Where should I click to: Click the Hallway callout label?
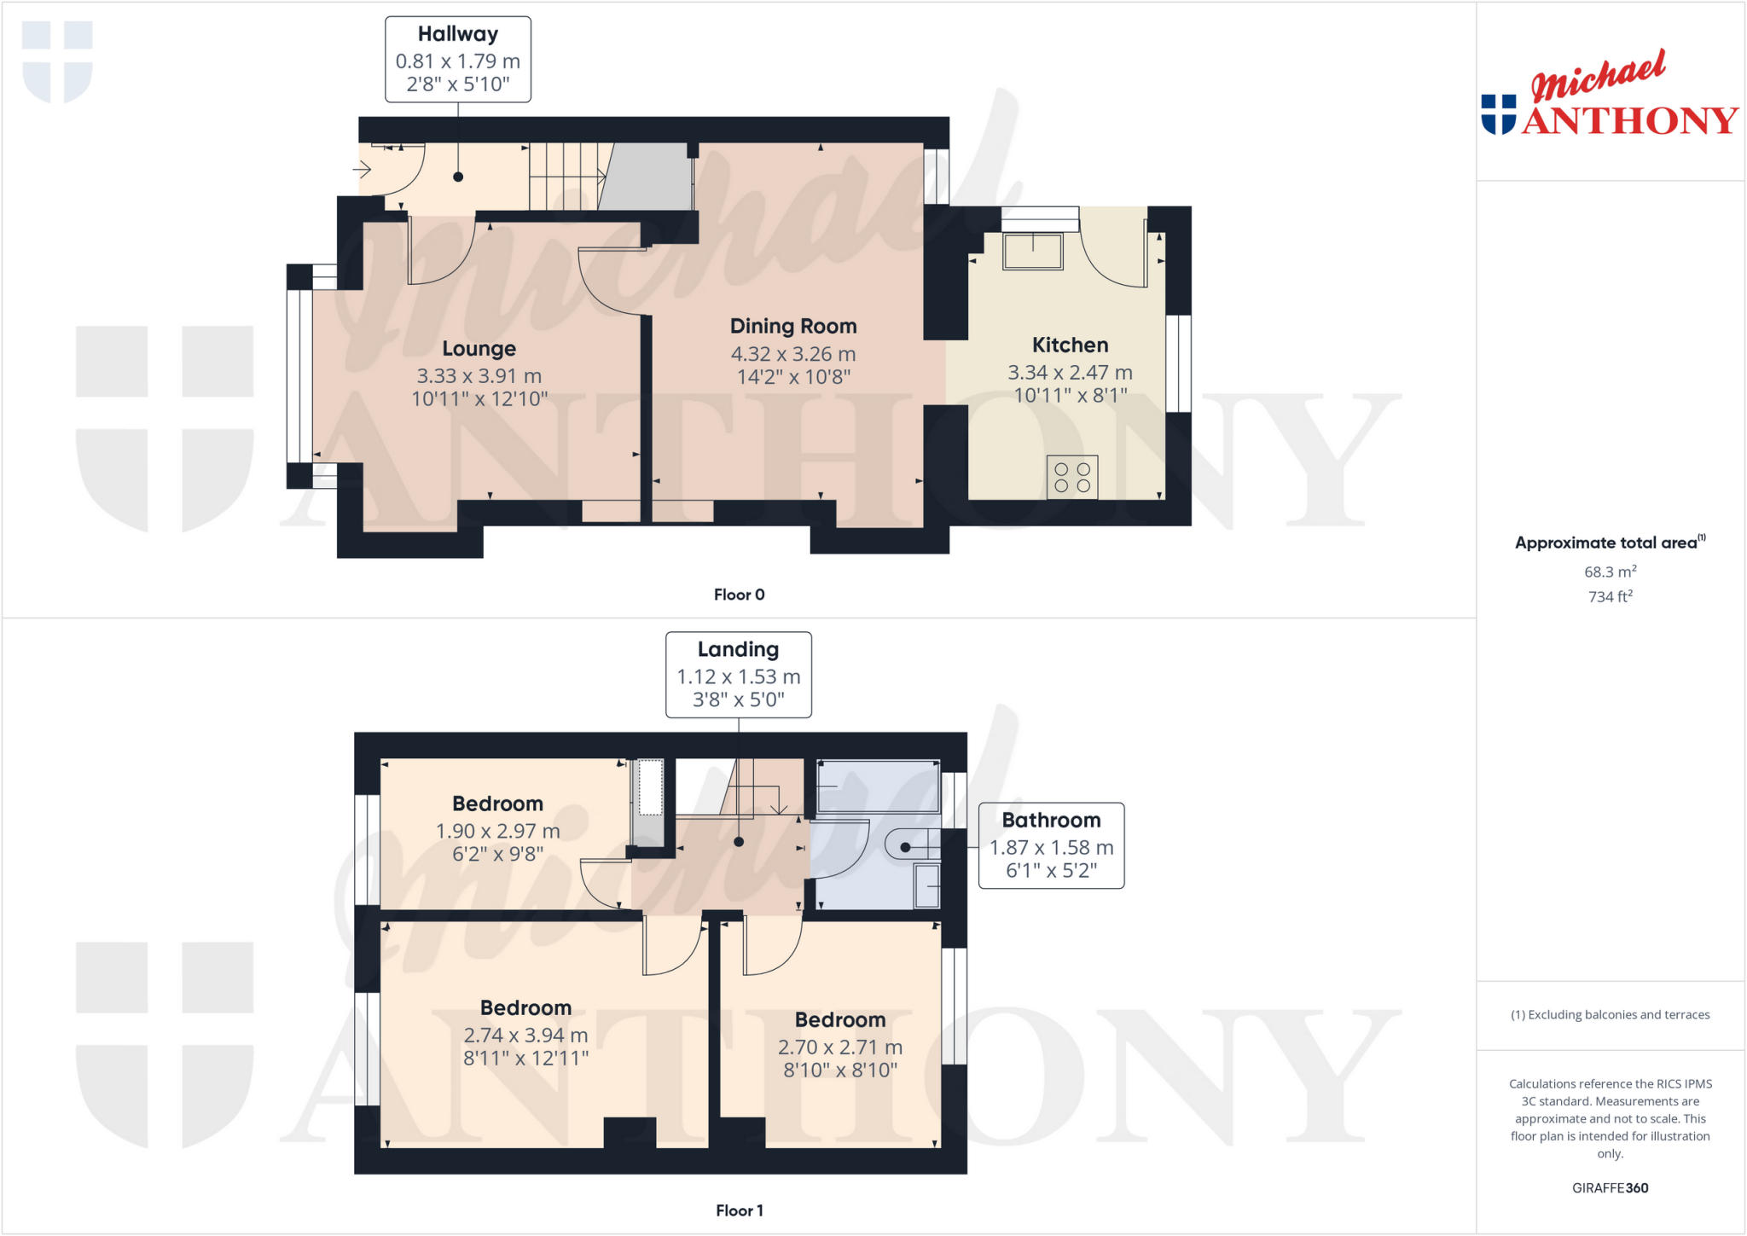[458, 34]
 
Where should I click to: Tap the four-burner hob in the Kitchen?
[1072, 478]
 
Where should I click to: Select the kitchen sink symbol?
[1033, 252]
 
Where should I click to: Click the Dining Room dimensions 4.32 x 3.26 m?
[792, 354]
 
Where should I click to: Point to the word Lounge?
[479, 348]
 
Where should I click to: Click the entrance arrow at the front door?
[363, 170]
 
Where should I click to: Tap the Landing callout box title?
[738, 650]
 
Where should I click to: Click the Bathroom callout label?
[1051, 821]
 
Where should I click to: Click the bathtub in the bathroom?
[878, 786]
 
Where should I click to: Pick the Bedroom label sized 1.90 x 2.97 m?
[497, 804]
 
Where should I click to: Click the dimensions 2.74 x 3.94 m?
[525, 1036]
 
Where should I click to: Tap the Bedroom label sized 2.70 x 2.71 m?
[840, 1020]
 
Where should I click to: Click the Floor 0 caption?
[739, 595]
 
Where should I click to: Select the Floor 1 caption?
[739, 1210]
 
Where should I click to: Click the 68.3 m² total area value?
[1610, 572]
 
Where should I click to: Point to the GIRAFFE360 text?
[1610, 1187]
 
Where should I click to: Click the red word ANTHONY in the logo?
[1629, 121]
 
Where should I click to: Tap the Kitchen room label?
[1070, 345]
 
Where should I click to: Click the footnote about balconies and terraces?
[1610, 1015]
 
